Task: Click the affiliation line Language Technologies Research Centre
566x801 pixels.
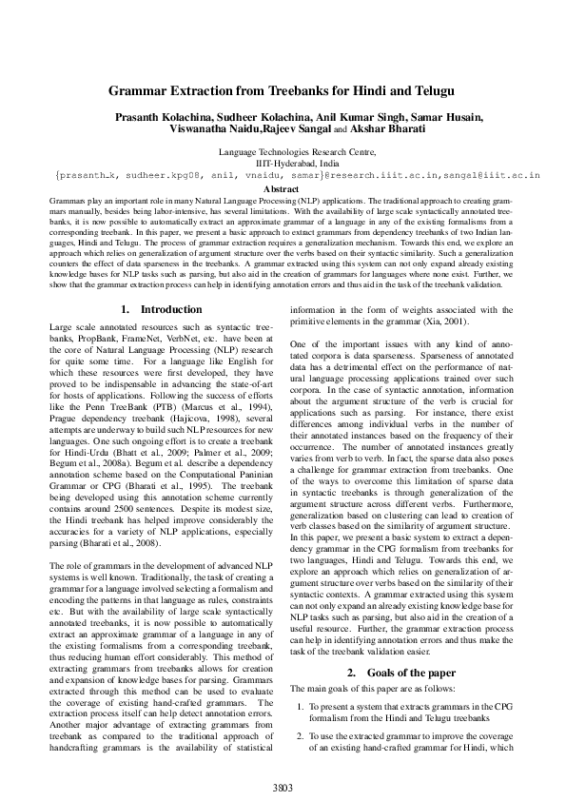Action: tap(283, 151)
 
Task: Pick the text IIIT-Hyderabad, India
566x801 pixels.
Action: tap(283, 163)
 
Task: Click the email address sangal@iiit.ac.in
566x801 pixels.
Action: tap(486, 175)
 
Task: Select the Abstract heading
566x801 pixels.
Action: tap(283, 189)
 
